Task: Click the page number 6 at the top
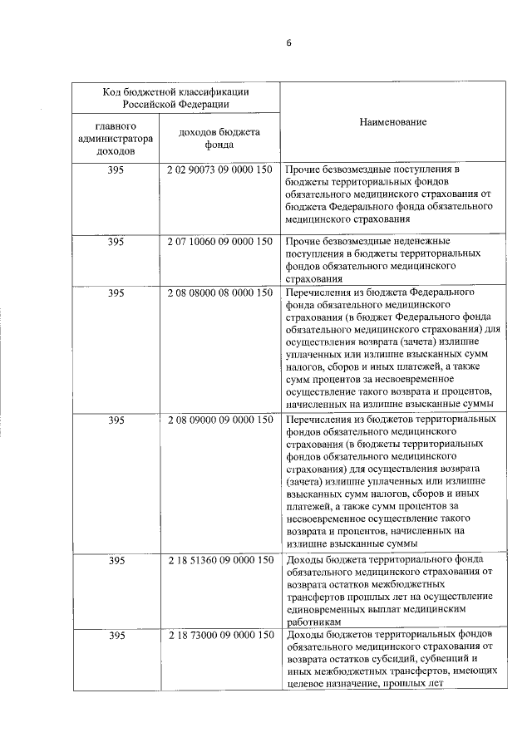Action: [x=289, y=42]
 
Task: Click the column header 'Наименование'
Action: [x=393, y=122]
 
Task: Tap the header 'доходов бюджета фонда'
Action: [x=219, y=138]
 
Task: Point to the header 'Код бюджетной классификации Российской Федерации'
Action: [x=175, y=98]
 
